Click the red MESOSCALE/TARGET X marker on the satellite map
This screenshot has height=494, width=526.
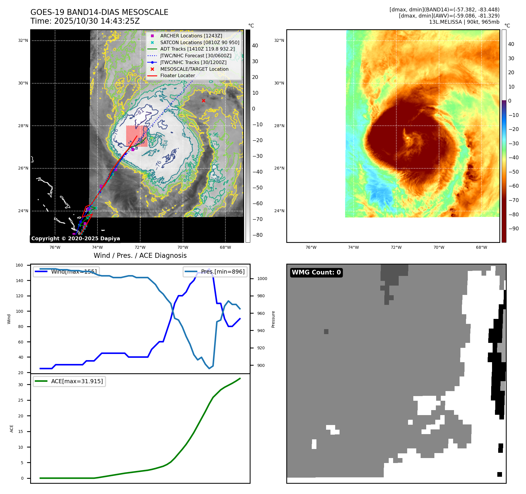pyautogui.click(x=203, y=101)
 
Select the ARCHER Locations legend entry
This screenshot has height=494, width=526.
pyautogui.click(x=191, y=36)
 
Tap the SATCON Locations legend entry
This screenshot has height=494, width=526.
pyautogui.click(x=199, y=42)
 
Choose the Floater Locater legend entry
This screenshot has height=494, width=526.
pyautogui.click(x=177, y=75)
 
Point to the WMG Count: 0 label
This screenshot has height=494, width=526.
pyautogui.click(x=316, y=272)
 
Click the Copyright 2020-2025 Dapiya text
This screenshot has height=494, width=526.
pyautogui.click(x=76, y=239)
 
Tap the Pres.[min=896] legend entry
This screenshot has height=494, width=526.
pyautogui.click(x=222, y=272)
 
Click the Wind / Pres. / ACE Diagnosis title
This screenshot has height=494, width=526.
pyautogui.click(x=140, y=255)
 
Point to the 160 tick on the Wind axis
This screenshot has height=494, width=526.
pyautogui.click(x=19, y=265)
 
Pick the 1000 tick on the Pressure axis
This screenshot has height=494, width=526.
pyautogui.click(x=262, y=279)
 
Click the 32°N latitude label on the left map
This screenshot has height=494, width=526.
pyautogui.click(x=23, y=41)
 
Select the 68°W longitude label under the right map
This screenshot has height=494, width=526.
pyautogui.click(x=481, y=247)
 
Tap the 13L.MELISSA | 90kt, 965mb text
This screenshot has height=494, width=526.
pyautogui.click(x=464, y=22)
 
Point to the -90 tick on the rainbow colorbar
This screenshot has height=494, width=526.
pyautogui.click(x=513, y=229)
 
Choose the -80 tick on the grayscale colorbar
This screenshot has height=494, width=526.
pyautogui.click(x=257, y=235)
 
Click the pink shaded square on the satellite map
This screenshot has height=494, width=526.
pyautogui.click(x=137, y=136)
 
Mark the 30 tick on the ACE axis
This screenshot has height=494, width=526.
pyautogui.click(x=20, y=385)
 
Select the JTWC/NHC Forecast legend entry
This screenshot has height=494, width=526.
pyautogui.click(x=196, y=56)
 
